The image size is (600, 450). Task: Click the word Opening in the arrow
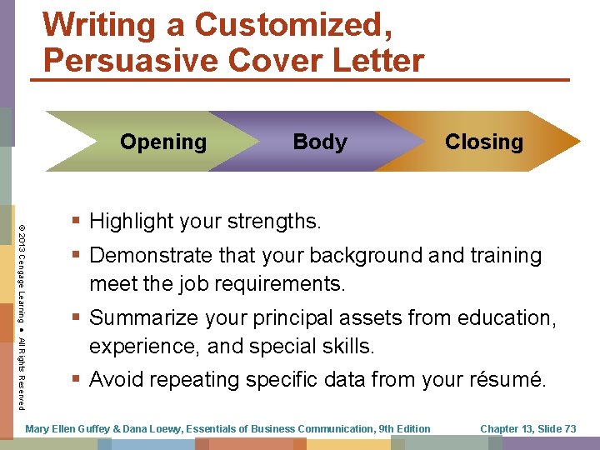point(163,142)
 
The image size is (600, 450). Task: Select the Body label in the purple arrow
point(320,142)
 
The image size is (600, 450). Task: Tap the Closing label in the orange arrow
point(483,142)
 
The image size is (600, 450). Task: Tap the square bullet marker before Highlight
point(77,222)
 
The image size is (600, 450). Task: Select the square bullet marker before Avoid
point(77,380)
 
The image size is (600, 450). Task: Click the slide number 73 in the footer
point(569,429)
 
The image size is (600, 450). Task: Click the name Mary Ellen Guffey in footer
point(70,429)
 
